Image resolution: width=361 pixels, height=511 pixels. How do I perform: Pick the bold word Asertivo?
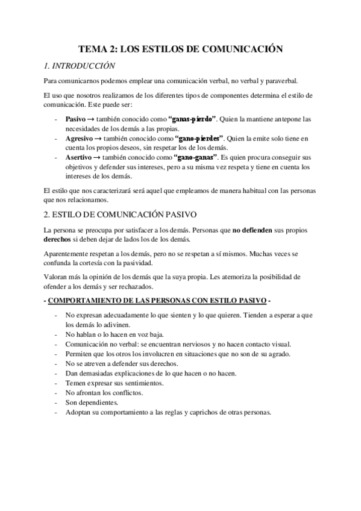(79, 157)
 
